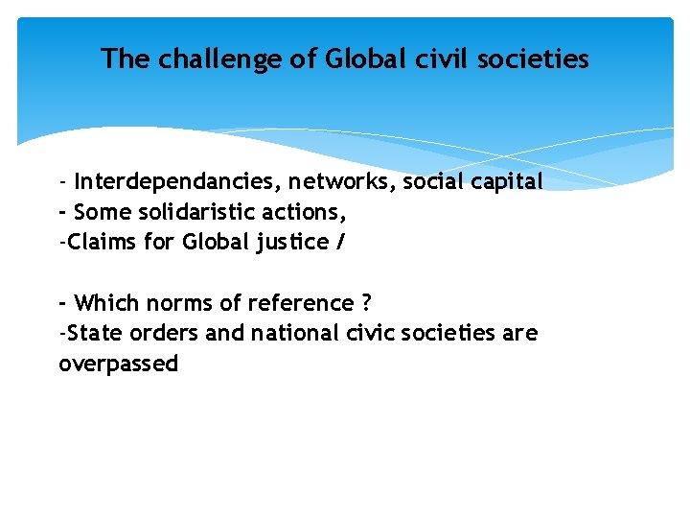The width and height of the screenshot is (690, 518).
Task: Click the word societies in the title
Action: pos(537,59)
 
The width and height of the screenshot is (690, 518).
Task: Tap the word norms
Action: pos(176,303)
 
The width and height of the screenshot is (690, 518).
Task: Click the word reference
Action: pos(297,303)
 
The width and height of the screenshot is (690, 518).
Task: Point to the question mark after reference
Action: pos(366,303)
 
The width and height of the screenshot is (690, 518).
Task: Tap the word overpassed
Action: pos(118,365)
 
